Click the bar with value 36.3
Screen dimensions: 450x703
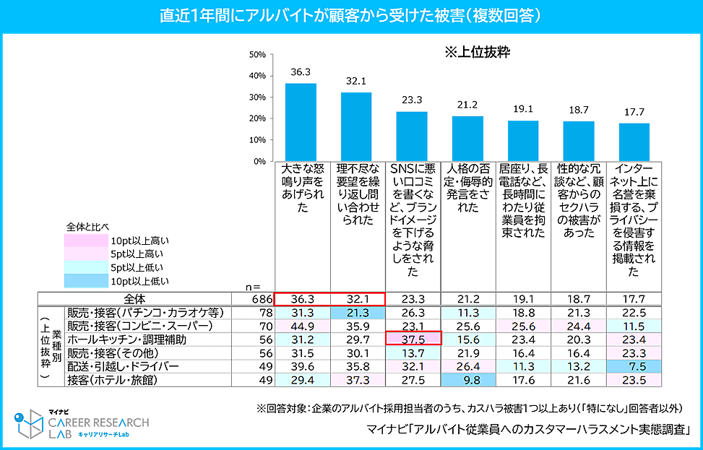301,123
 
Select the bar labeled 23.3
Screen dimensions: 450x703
412,137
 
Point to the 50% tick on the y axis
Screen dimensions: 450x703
256,54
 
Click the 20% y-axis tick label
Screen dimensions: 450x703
256,118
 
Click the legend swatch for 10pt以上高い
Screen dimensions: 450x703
85,241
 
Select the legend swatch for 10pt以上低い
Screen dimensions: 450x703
85,280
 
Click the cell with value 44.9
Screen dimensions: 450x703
301,326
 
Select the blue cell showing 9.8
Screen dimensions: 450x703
467,379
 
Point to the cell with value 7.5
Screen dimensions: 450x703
634,365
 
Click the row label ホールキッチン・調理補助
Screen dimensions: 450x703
126,339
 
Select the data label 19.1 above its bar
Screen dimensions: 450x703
522,109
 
